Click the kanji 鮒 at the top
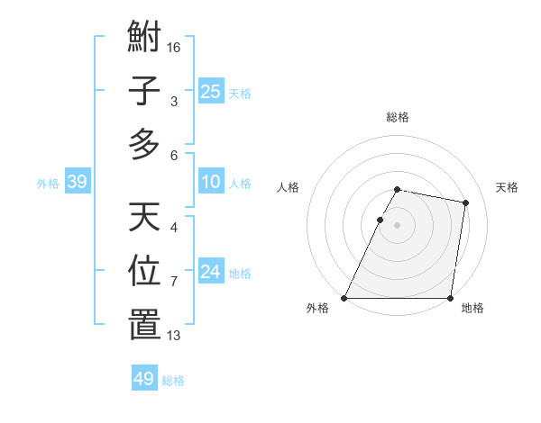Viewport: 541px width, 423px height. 144,41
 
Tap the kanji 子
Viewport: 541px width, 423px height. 144,92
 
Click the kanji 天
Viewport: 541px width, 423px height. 144,217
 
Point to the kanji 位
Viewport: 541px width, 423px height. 144,270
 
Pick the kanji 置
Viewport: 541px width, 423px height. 144,323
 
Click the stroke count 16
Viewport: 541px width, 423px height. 175,46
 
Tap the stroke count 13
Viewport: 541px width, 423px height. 175,336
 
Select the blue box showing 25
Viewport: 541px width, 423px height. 211,92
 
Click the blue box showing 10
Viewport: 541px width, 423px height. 211,183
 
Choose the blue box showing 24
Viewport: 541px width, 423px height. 211,273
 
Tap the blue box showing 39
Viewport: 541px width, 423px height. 78,183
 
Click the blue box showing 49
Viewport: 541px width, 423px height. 144,379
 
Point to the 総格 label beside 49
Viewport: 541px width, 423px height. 173,381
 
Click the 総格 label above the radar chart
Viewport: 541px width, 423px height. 398,117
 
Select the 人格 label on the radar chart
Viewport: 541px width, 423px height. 289,187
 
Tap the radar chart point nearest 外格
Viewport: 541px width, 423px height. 344,298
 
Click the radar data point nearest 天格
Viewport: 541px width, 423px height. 466,203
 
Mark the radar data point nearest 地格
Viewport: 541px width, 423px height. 450,298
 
